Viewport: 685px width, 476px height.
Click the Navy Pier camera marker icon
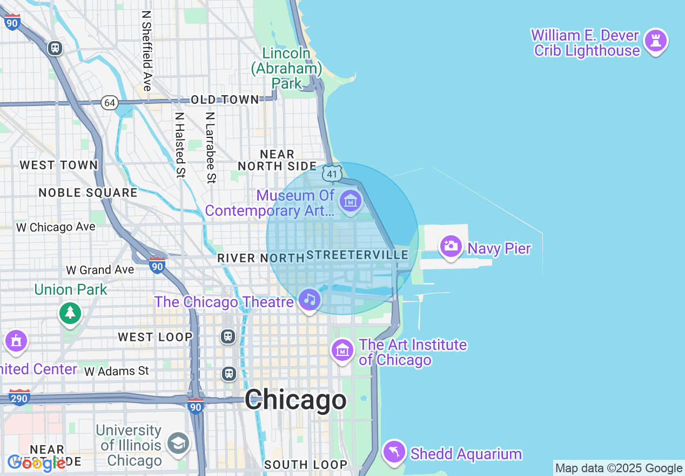pyautogui.click(x=451, y=247)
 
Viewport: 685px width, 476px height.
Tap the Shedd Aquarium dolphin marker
pyautogui.click(x=394, y=452)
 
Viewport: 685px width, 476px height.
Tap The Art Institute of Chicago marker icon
pyautogui.click(x=342, y=351)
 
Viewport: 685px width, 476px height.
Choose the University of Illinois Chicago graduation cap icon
pyautogui.click(x=178, y=444)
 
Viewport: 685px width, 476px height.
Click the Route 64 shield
pyautogui.click(x=110, y=102)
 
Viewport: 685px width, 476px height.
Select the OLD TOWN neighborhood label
pyautogui.click(x=225, y=100)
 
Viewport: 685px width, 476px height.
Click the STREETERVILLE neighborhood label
pyautogui.click(x=357, y=255)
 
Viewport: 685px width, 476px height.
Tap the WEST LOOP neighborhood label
pyautogui.click(x=155, y=337)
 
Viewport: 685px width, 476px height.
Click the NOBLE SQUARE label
pyautogui.click(x=88, y=193)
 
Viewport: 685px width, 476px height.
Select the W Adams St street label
pyautogui.click(x=117, y=371)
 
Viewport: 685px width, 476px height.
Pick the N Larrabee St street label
pyautogui.click(x=211, y=147)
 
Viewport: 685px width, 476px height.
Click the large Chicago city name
pyautogui.click(x=296, y=400)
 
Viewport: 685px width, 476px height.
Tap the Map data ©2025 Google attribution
pyautogui.click(x=619, y=468)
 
